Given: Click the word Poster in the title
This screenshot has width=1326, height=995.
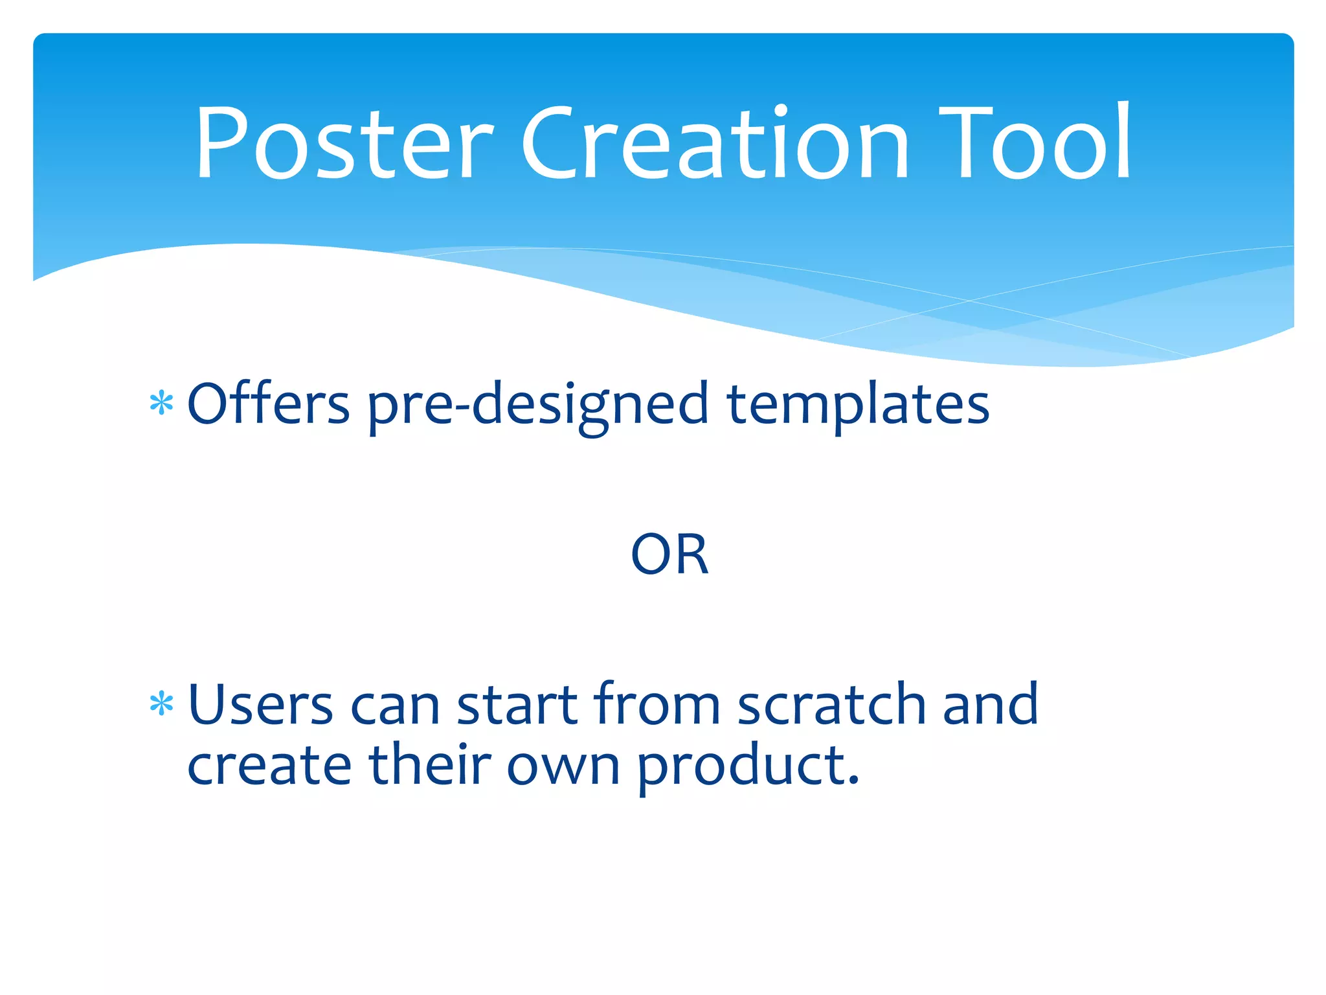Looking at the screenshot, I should tap(343, 144).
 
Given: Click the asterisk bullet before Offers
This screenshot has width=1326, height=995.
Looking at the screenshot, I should tap(161, 404).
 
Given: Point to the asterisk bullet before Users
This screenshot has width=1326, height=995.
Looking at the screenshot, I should tap(161, 704).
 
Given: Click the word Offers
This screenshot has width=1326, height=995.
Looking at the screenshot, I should tap(268, 404).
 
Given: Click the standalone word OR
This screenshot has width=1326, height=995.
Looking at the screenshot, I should tap(669, 555).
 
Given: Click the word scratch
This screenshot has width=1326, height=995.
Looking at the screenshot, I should tap(831, 705).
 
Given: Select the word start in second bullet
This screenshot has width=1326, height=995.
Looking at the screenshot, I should tap(517, 705).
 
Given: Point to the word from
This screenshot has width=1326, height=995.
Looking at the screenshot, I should tap(657, 705).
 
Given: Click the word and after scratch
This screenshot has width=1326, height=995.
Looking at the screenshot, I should tap(990, 705).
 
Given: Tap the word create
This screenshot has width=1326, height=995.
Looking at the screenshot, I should tap(269, 765).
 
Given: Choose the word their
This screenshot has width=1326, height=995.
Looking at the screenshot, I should tap(430, 765).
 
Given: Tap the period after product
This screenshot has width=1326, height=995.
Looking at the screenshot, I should tap(853, 781).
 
